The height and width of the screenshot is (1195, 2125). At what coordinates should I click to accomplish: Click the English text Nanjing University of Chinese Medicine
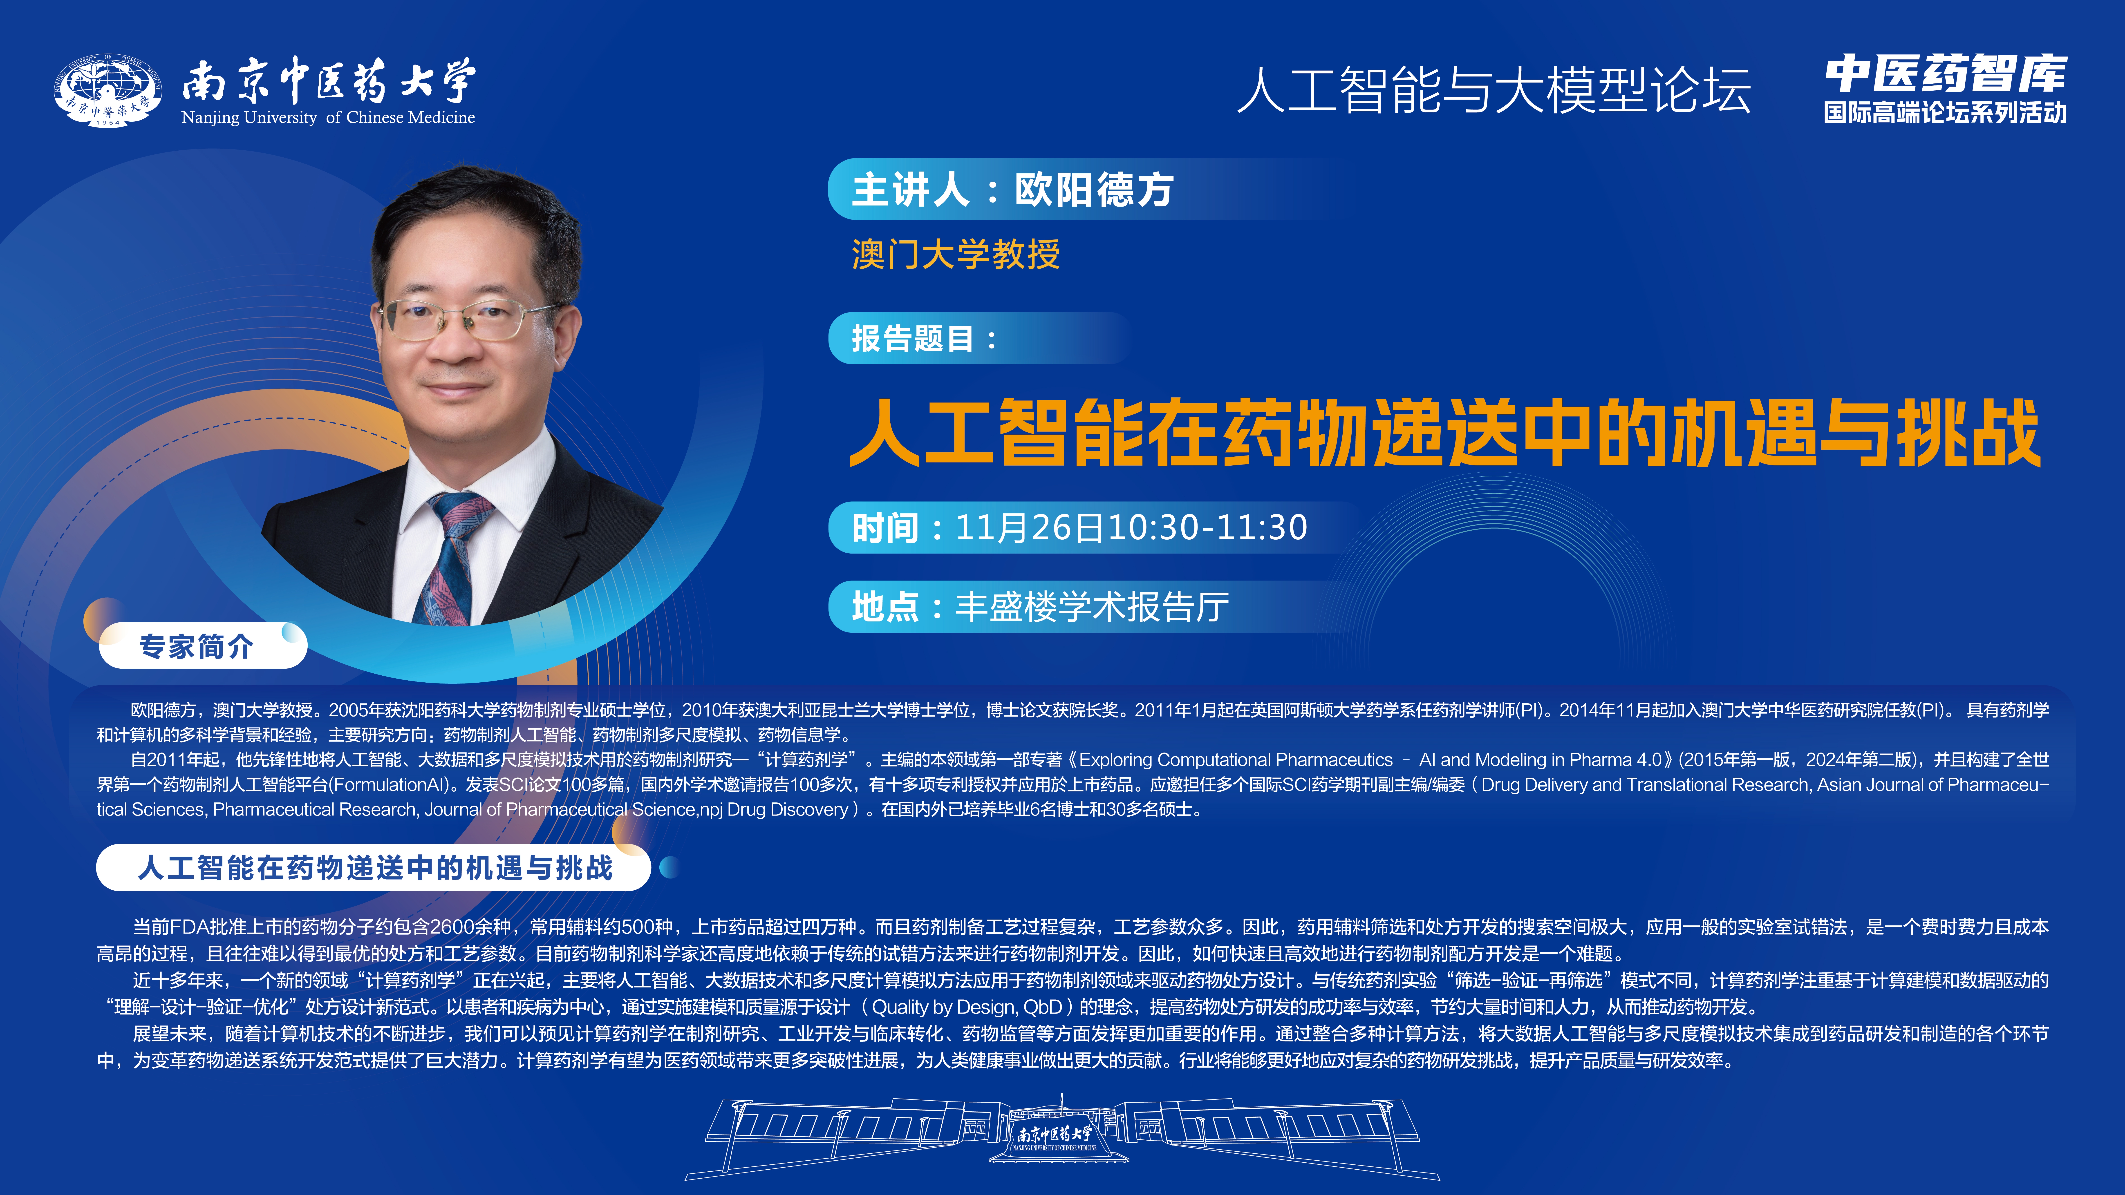point(328,117)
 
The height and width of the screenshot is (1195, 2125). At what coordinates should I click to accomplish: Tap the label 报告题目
point(913,338)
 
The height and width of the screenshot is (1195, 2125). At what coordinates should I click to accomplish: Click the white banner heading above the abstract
point(374,868)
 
